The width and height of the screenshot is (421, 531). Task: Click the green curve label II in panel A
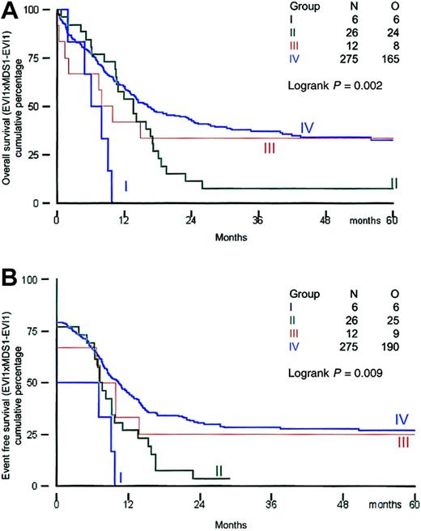(x=393, y=184)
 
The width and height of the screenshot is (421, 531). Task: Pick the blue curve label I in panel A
(x=125, y=187)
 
